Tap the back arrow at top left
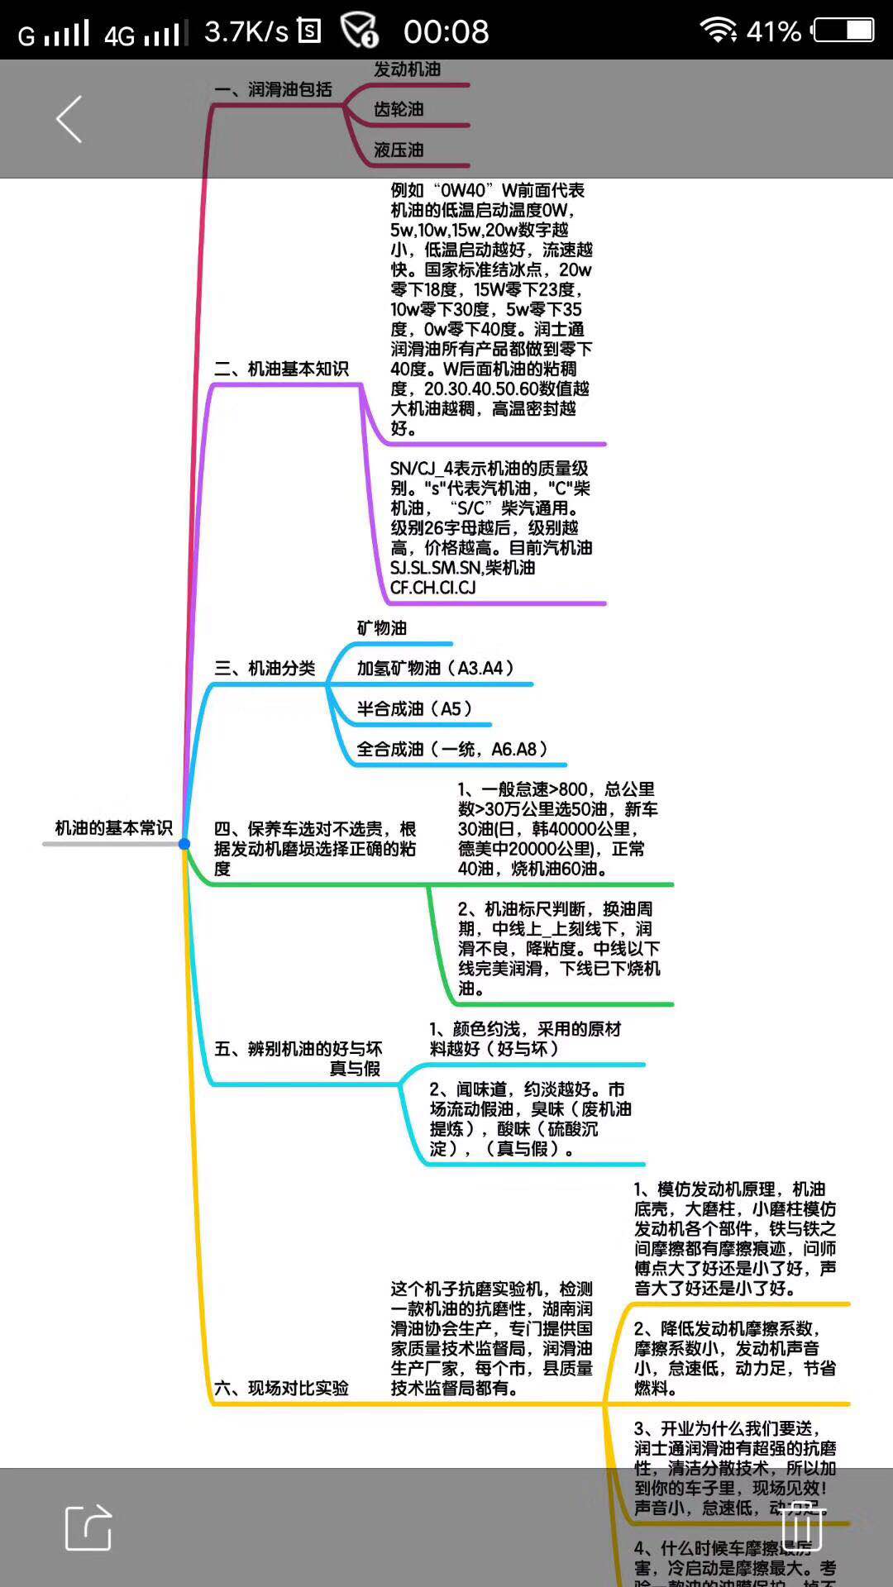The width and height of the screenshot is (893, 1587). click(x=69, y=119)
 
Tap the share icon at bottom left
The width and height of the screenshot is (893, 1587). click(x=88, y=1527)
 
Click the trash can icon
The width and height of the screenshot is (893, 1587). click(x=801, y=1525)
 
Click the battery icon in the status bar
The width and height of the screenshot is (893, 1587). click(x=843, y=31)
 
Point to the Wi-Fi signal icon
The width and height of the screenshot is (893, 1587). click(x=718, y=31)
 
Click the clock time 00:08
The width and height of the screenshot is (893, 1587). click(x=446, y=32)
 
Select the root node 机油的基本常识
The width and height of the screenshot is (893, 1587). click(x=113, y=828)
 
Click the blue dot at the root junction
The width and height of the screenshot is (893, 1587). click(x=184, y=844)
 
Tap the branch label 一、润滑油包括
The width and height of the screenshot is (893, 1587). click(x=273, y=89)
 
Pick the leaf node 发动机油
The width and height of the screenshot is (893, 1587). click(x=407, y=69)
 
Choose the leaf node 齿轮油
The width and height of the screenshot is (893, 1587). click(x=399, y=109)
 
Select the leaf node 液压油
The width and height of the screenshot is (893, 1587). click(x=399, y=150)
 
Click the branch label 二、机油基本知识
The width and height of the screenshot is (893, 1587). click(x=281, y=369)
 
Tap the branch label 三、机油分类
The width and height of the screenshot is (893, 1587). click(x=265, y=668)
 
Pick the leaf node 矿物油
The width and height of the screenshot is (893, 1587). click(x=382, y=628)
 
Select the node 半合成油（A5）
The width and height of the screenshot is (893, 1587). click(x=414, y=708)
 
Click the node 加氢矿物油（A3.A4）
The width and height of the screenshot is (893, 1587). click(x=436, y=668)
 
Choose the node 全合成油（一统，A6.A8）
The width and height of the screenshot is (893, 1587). click(x=452, y=749)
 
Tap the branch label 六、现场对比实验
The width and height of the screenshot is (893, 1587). click(x=281, y=1388)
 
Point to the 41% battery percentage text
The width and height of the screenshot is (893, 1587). click(x=773, y=32)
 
